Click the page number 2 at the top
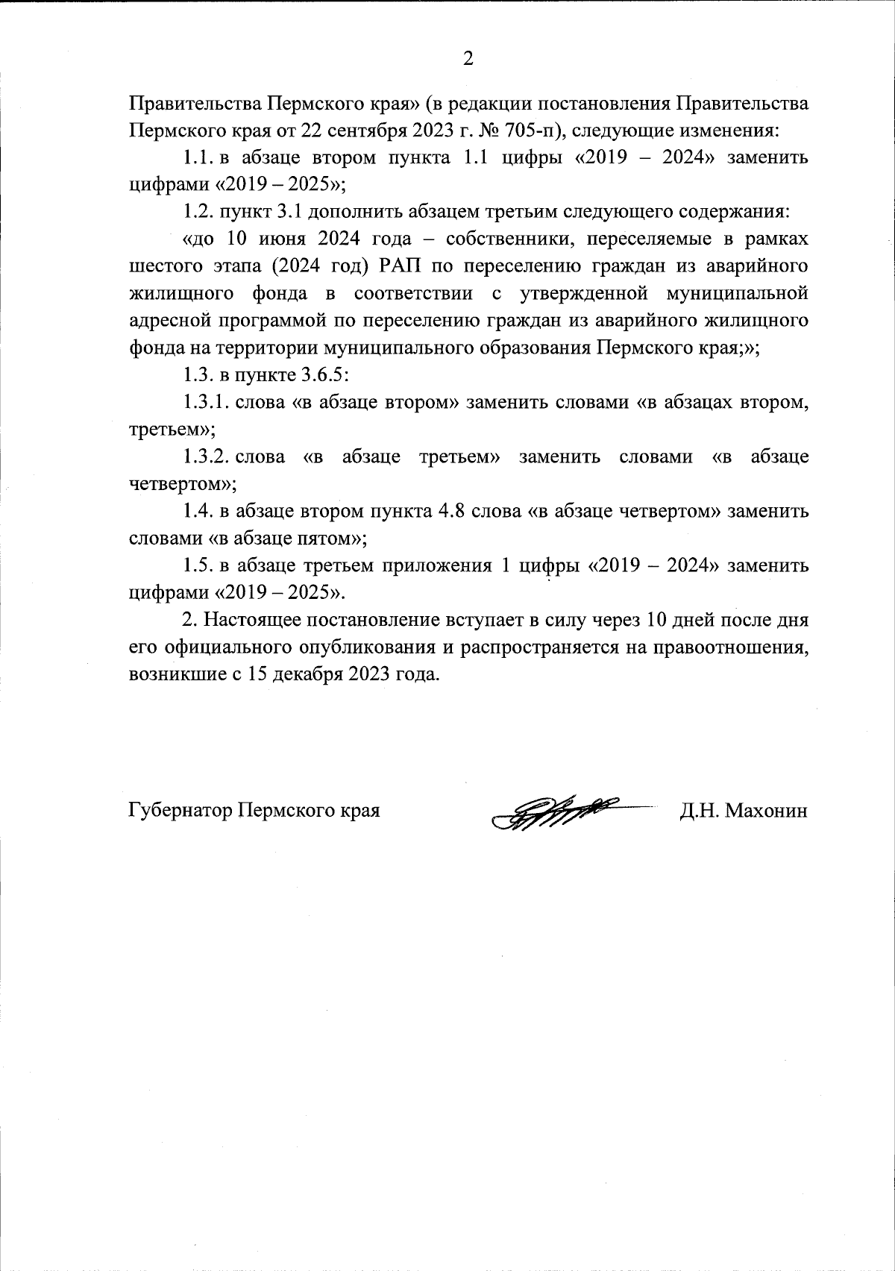pos(468,58)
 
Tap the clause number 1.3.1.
pos(206,403)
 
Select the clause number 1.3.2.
pos(206,456)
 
